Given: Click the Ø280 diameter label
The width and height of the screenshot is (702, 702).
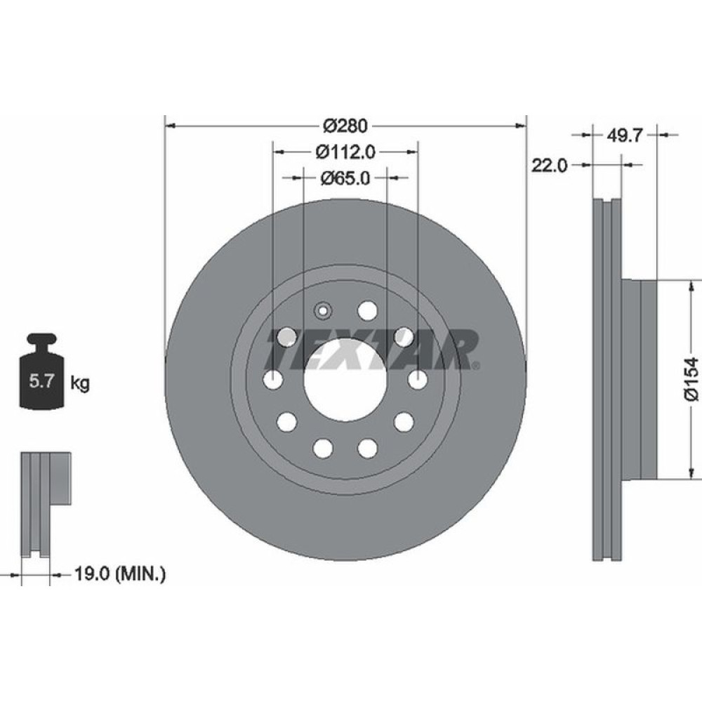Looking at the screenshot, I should click(345, 126).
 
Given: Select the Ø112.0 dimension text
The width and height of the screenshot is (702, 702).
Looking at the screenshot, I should click(345, 151).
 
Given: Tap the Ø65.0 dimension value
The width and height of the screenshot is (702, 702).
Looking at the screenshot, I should click(345, 178).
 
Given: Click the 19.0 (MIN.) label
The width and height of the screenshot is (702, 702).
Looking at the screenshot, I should click(119, 575).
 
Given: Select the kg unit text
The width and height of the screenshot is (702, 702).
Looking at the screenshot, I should click(79, 383).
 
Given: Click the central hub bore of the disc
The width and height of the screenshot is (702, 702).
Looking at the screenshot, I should click(345, 379).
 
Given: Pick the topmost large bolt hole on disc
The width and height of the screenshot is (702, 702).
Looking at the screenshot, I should click(366, 310).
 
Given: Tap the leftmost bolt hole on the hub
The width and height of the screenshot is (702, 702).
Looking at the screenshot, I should click(273, 380).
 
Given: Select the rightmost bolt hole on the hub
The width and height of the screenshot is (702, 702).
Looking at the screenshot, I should click(418, 380).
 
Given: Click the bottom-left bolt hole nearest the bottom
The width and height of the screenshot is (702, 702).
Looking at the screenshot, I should click(323, 447).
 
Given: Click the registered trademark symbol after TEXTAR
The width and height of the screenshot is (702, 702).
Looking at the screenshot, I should click(477, 366).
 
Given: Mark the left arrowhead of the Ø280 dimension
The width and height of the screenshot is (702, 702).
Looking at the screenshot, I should click(169, 126).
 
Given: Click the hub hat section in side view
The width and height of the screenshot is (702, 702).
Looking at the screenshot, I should click(649, 379).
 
